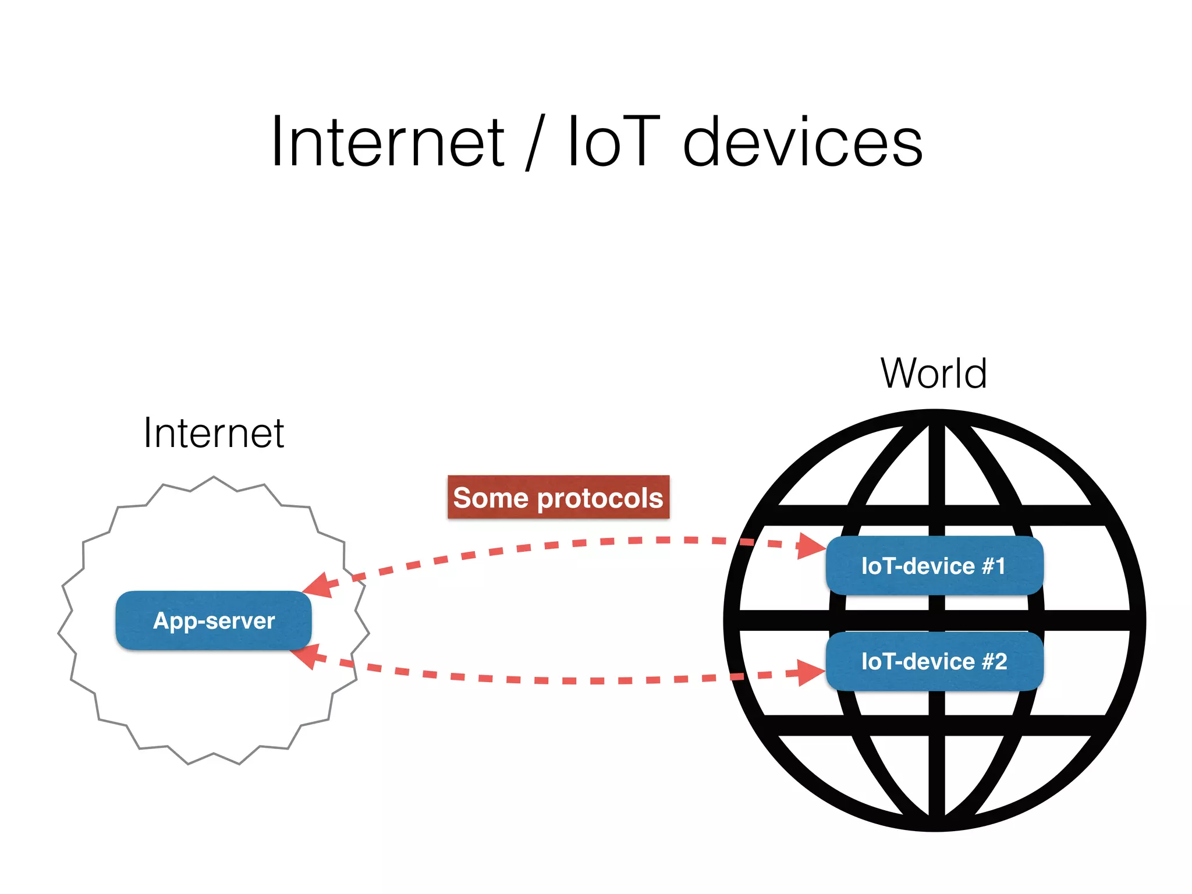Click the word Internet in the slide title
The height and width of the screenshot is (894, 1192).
tap(388, 142)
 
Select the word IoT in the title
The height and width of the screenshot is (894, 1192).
tap(613, 142)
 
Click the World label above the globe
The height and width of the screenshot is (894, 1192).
tap(934, 373)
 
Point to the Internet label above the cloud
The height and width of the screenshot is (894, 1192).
tap(214, 433)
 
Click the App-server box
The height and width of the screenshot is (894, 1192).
tap(214, 620)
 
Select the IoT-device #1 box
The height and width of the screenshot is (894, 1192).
tap(934, 566)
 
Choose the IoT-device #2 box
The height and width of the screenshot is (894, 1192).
tap(934, 661)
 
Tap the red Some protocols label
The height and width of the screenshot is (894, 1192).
tap(558, 498)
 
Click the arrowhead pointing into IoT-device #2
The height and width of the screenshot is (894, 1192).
tap(811, 673)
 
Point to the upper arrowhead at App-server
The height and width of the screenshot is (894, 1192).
tap(319, 586)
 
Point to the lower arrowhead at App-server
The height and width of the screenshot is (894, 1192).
tap(305, 656)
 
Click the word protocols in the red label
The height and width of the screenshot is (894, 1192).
tap(600, 498)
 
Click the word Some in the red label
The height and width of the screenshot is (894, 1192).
tap(491, 498)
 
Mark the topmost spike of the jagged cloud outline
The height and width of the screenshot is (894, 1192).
tap(214, 477)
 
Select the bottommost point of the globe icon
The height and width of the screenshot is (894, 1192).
tap(935, 830)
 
